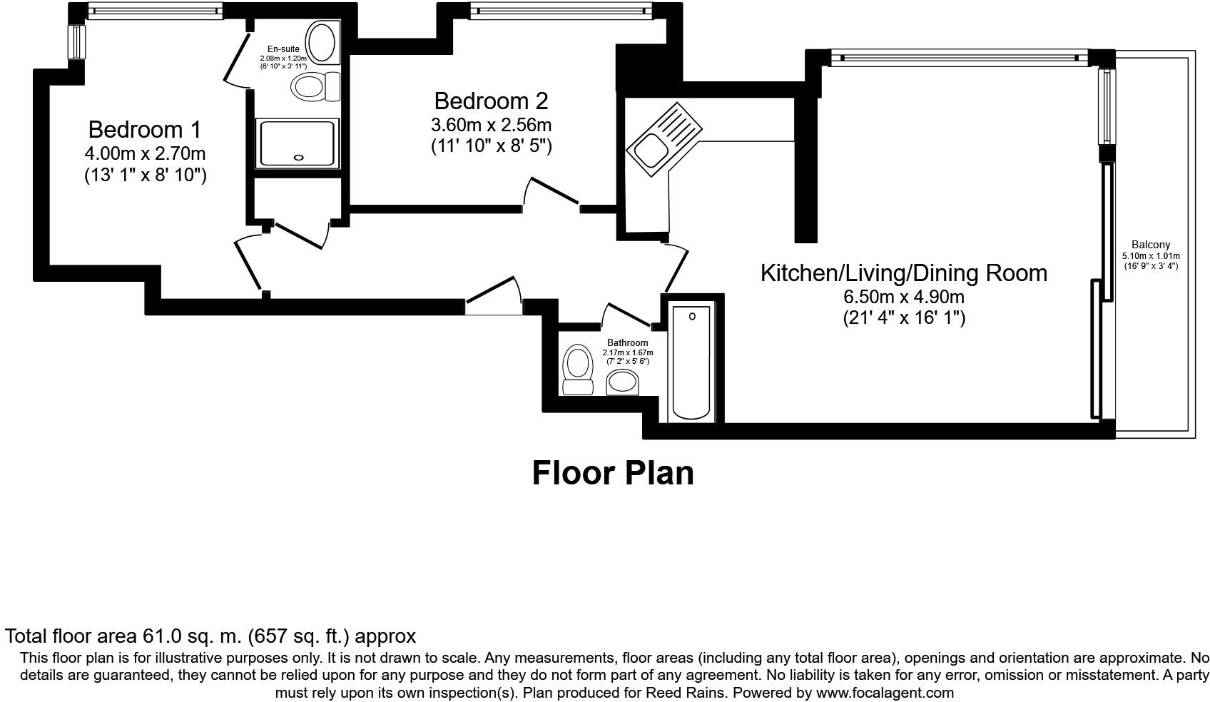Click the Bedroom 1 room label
[x=145, y=130]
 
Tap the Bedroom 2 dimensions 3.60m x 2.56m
[x=491, y=125]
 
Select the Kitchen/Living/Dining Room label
[x=903, y=273]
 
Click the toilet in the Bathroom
[x=577, y=370]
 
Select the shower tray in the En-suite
[x=297, y=143]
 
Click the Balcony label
[x=1151, y=245]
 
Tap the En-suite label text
[x=284, y=49]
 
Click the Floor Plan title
[x=613, y=473]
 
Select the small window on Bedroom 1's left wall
[x=76, y=42]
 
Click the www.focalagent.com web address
[x=885, y=693]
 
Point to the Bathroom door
[x=626, y=315]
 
